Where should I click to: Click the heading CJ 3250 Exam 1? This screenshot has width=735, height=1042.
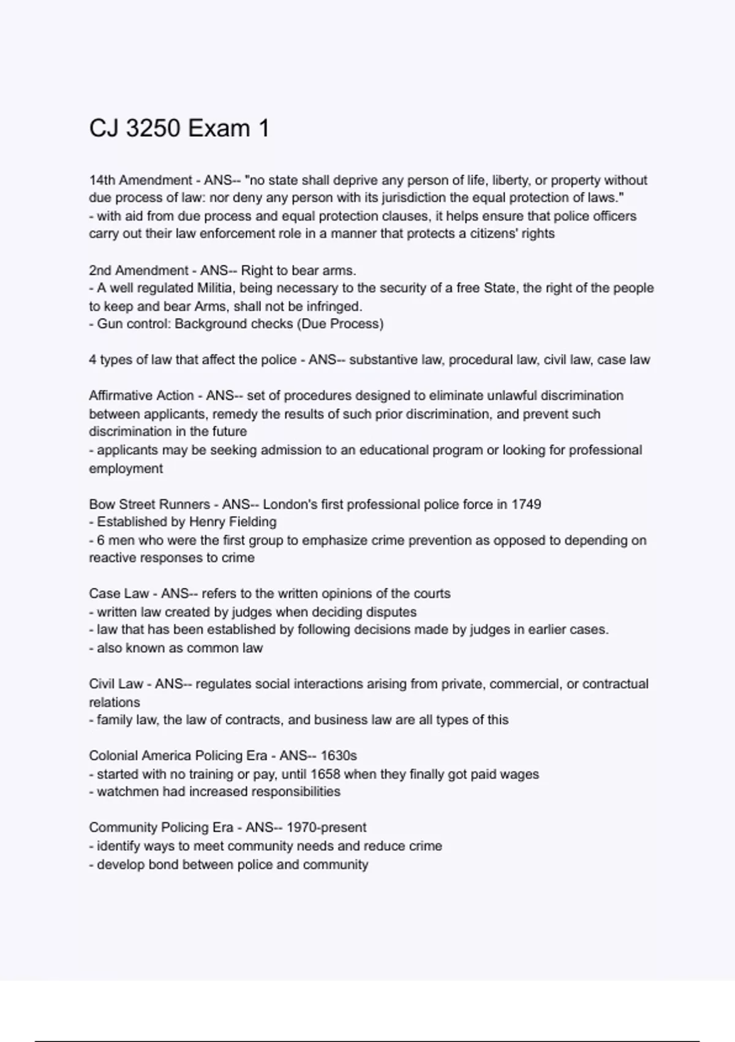(179, 129)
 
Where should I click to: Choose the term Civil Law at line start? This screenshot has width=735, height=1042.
(116, 684)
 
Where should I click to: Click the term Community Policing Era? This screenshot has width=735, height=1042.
(161, 827)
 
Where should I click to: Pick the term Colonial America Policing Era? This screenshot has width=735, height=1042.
(178, 756)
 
